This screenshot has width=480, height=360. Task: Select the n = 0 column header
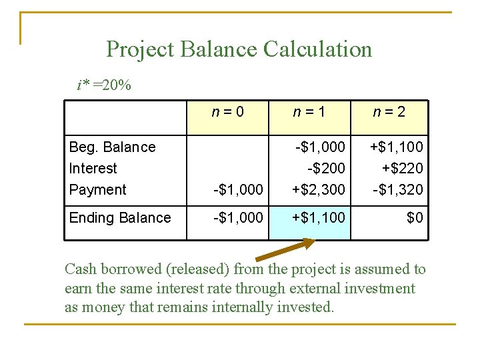(228, 112)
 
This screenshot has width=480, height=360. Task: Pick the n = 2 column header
(389, 112)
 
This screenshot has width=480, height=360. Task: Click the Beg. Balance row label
(112, 147)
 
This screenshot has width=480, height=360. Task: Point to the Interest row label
(93, 169)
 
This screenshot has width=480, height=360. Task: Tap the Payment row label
(97, 190)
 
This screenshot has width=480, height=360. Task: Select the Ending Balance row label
(120, 218)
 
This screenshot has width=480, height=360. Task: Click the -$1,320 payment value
(397, 190)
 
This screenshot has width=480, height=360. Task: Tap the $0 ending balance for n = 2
(415, 218)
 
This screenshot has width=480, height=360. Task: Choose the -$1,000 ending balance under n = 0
(238, 218)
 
